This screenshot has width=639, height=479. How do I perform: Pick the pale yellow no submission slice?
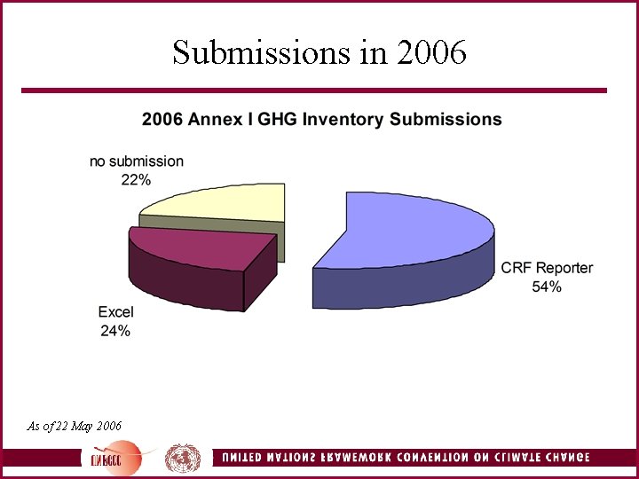coord(222,203)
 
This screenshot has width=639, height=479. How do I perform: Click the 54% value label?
coord(547,287)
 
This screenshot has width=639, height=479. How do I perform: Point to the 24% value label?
coord(115,331)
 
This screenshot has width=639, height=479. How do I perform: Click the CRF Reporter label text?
coord(547,268)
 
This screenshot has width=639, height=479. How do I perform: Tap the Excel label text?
coord(115,312)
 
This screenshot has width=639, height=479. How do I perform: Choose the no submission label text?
coord(137,161)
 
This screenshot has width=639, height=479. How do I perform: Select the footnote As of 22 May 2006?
coord(75,426)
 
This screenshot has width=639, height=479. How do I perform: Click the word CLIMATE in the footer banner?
coord(508,459)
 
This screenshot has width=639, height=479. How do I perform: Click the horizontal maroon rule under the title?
coord(314,90)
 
